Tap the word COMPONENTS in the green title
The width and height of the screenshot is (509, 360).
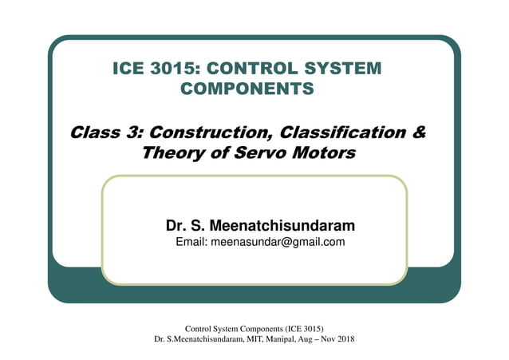click(x=248, y=89)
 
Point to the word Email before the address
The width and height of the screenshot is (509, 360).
click(x=190, y=242)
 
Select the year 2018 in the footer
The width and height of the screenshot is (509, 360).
click(x=343, y=339)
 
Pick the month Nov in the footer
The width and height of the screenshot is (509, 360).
click(x=323, y=339)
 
